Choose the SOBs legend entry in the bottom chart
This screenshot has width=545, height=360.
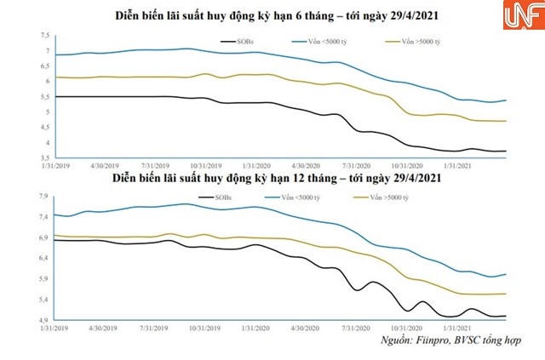(219, 197)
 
